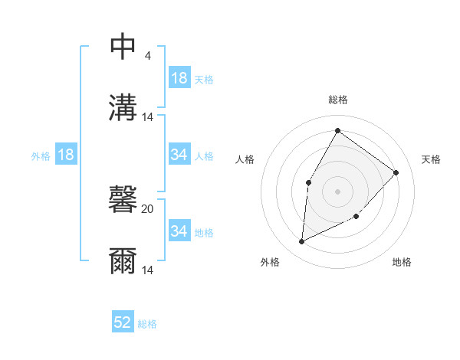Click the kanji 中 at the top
pyautogui.click(x=123, y=47)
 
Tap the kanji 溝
pyautogui.click(x=123, y=107)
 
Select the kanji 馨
pyautogui.click(x=123, y=201)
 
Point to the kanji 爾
pyautogui.click(x=123, y=261)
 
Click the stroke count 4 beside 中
pyautogui.click(x=147, y=56)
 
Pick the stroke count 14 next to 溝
pyautogui.click(x=148, y=117)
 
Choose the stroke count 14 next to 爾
pyautogui.click(x=148, y=270)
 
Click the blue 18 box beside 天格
pyautogui.click(x=179, y=77)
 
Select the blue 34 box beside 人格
pyautogui.click(x=179, y=155)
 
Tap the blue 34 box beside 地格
pyautogui.click(x=179, y=231)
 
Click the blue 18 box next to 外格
pyautogui.click(x=66, y=155)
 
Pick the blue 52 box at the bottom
pyautogui.click(x=123, y=322)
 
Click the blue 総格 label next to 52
pyautogui.click(x=147, y=324)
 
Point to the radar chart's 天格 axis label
pyautogui.click(x=431, y=159)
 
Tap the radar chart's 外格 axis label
pyautogui.click(x=270, y=262)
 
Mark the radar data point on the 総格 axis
pyautogui.click(x=337, y=131)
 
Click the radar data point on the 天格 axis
pyautogui.click(x=396, y=172)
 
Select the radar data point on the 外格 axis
pyautogui.click(x=302, y=241)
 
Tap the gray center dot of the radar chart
pyautogui.click(x=337, y=191)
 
